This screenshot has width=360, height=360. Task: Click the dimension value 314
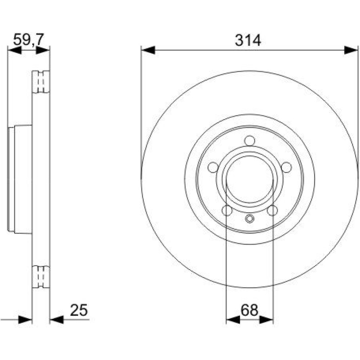click(248, 41)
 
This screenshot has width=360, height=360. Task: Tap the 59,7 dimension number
click(28, 40)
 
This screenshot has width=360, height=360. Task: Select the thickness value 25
click(79, 310)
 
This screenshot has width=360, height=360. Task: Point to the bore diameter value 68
click(249, 310)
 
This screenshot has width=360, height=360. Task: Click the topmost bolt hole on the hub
click(249, 141)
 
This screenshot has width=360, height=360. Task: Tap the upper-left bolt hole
click(213, 167)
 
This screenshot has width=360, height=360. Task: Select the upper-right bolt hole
click(286, 167)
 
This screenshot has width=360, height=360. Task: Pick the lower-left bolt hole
click(227, 210)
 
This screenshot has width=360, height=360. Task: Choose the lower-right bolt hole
click(272, 210)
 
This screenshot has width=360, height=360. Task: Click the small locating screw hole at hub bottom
click(249, 219)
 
